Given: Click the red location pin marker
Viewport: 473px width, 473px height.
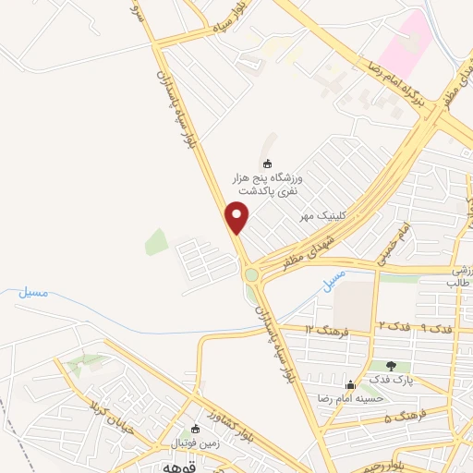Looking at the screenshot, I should tap(237, 216).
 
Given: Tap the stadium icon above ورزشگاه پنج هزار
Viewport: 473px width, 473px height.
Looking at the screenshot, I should tap(268, 164).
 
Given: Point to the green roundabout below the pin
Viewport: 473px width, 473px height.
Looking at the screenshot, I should tap(252, 273).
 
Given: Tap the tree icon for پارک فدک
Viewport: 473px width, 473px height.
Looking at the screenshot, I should tap(391, 366).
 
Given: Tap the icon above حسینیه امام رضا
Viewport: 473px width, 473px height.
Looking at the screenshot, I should tap(349, 384).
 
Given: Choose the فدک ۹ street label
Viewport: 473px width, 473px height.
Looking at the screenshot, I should tap(436, 329).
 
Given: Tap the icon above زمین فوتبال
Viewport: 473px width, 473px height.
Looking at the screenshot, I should tap(195, 429).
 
